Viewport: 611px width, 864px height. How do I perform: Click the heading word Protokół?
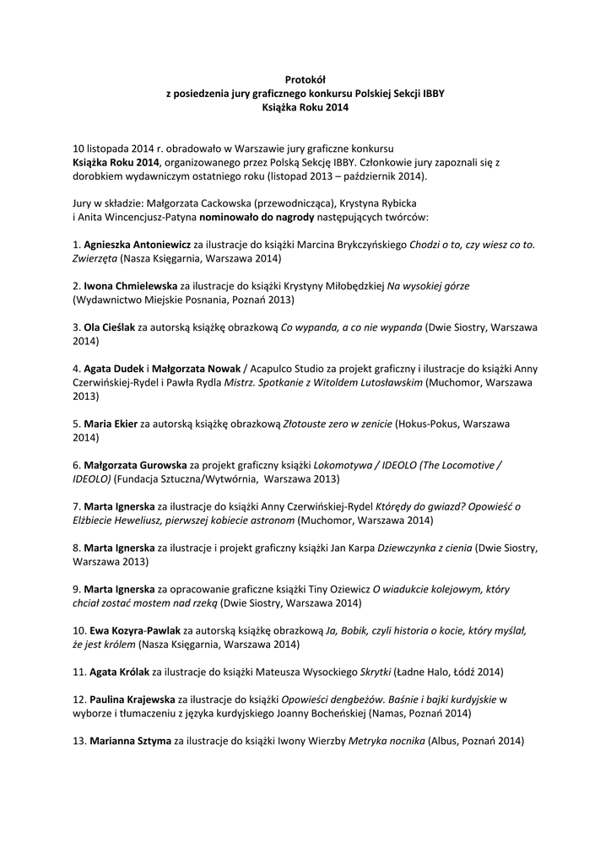tap(305, 80)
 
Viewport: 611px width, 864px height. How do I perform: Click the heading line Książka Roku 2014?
tap(305, 108)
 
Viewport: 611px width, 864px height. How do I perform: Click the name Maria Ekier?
tap(111, 424)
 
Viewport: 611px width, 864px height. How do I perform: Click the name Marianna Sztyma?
tap(127, 741)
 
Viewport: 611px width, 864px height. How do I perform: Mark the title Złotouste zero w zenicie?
tap(336, 424)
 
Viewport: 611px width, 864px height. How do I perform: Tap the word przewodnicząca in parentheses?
tap(291, 203)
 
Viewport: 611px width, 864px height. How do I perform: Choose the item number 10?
tap(79, 630)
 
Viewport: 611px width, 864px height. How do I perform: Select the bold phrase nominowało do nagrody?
tap(255, 217)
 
